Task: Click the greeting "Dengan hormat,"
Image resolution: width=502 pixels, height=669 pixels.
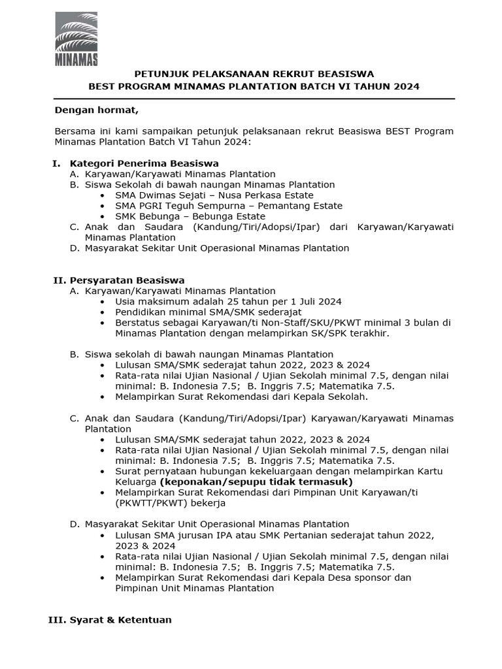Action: pyautogui.click(x=96, y=110)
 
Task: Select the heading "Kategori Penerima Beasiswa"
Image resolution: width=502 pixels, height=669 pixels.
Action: pyautogui.click(x=144, y=163)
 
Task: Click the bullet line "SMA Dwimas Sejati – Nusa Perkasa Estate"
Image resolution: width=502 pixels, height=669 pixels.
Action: pyautogui.click(x=214, y=195)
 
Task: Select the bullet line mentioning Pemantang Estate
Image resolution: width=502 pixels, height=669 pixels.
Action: pyautogui.click(x=228, y=206)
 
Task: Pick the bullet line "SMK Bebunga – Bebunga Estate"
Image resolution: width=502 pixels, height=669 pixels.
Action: pyautogui.click(x=190, y=216)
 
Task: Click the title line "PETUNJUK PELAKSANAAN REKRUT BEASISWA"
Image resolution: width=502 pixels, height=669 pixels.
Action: pyautogui.click(x=254, y=74)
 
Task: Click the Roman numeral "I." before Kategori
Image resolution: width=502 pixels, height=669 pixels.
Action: pyautogui.click(x=56, y=163)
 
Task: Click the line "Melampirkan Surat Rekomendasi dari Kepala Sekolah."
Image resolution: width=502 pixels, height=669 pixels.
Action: pyautogui.click(x=241, y=397)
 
